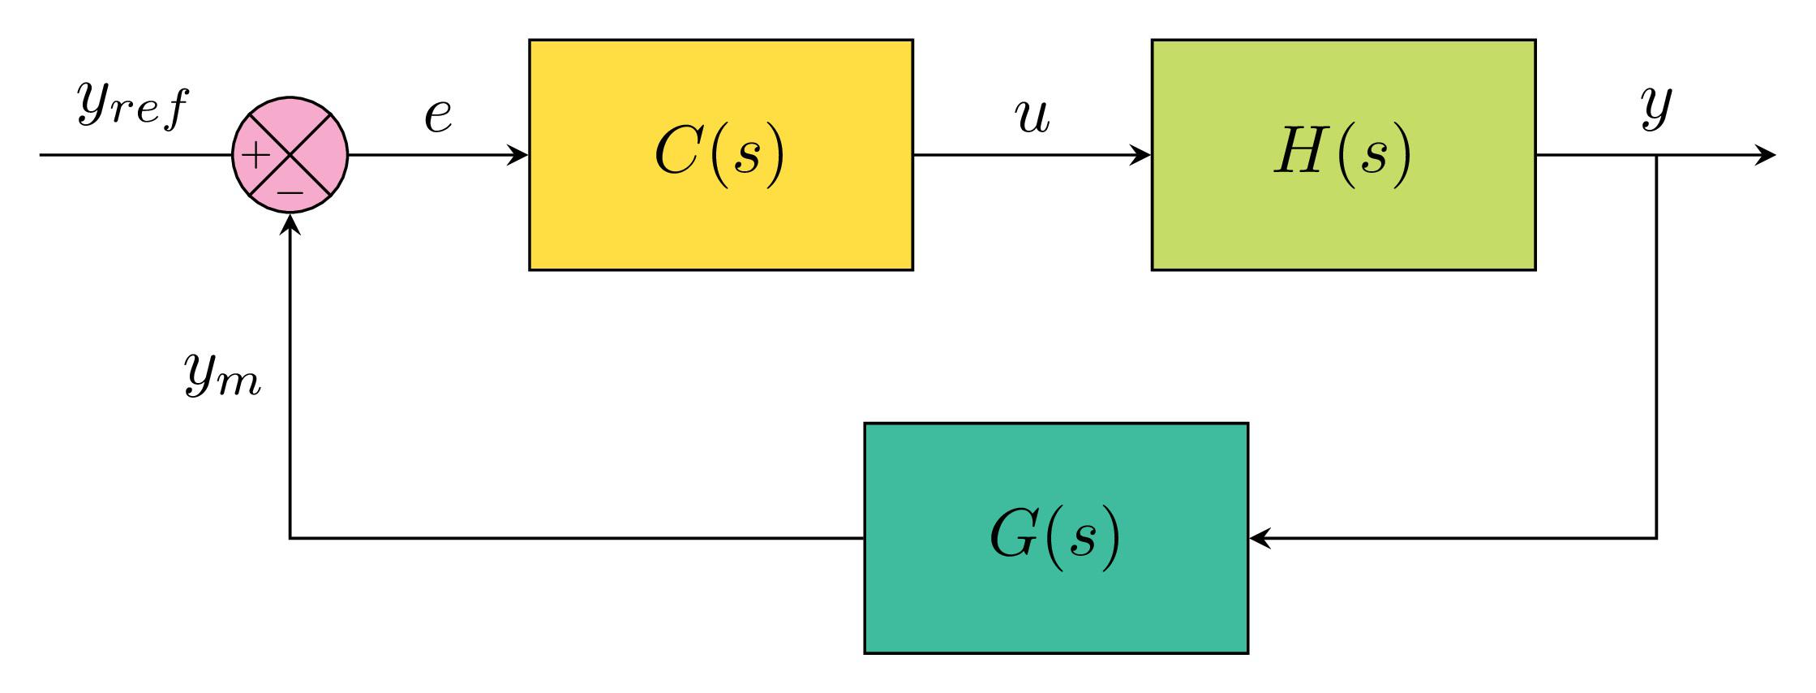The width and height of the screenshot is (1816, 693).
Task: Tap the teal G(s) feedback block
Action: [1055, 600]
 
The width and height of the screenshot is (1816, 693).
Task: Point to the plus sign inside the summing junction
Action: [256, 156]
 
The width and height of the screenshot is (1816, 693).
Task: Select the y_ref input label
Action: [132, 106]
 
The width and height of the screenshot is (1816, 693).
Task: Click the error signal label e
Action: [438, 116]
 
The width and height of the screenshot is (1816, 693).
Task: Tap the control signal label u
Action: [1033, 116]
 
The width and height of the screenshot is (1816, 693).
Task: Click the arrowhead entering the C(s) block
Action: [519, 154]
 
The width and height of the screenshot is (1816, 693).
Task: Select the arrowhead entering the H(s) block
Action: [1141, 154]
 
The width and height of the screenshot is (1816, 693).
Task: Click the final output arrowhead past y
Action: [1766, 154]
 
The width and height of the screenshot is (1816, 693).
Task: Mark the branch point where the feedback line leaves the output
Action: [1655, 154]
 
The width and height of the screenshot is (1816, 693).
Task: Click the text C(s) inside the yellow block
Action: [720, 153]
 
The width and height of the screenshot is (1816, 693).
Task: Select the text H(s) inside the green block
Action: [1342, 153]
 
